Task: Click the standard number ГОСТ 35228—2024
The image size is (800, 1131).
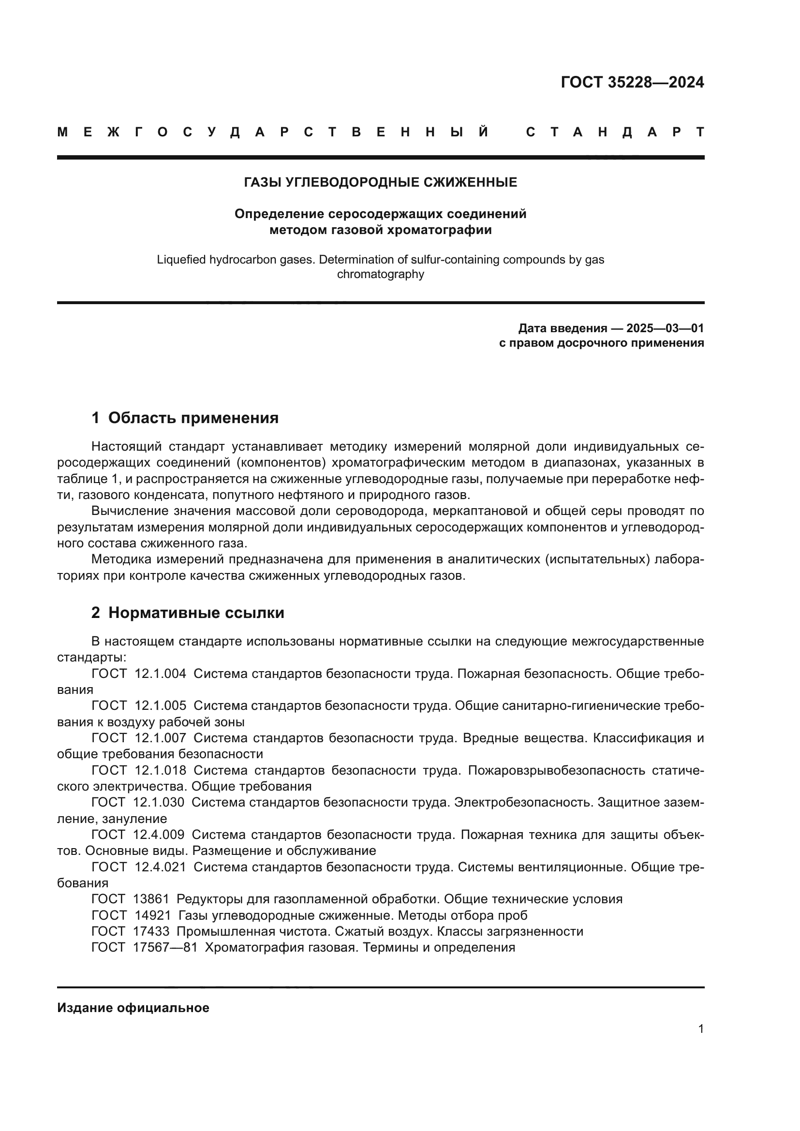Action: (x=632, y=82)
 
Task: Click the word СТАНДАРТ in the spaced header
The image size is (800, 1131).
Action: (x=615, y=132)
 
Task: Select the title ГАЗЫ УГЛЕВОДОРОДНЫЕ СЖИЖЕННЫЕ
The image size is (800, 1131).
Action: (x=380, y=183)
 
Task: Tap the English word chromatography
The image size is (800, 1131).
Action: (x=380, y=274)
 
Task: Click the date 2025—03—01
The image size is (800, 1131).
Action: (x=665, y=328)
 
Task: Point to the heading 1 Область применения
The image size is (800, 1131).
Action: (x=185, y=418)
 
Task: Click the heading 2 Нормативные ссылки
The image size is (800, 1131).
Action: (x=188, y=613)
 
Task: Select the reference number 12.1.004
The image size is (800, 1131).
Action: (x=160, y=674)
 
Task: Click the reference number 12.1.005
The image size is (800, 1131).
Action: (x=160, y=706)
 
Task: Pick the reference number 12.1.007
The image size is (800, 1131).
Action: (x=160, y=738)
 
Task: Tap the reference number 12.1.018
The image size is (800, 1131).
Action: (x=160, y=770)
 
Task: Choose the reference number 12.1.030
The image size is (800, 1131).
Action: (x=159, y=802)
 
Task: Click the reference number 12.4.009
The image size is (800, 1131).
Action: (x=159, y=835)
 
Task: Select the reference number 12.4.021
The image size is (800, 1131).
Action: (x=160, y=867)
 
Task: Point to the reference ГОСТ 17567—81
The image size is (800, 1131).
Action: (x=144, y=947)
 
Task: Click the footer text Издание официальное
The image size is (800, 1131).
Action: (x=133, y=1008)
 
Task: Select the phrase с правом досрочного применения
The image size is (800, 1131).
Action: (x=601, y=343)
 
